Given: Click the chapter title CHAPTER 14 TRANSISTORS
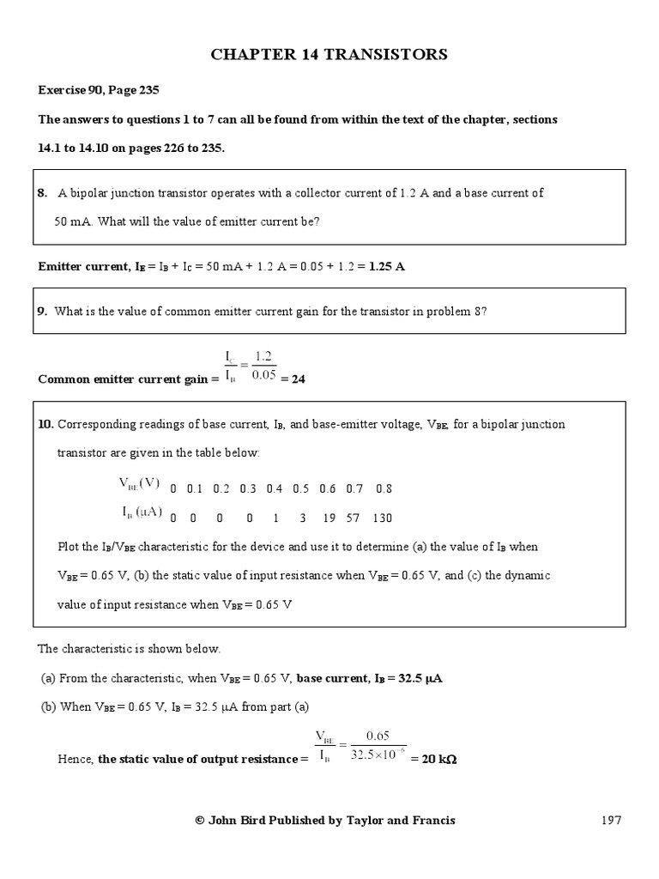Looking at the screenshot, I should [329, 55].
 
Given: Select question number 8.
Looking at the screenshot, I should [42, 193].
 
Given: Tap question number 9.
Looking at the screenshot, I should [42, 312].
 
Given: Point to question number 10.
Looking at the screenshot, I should [45, 424].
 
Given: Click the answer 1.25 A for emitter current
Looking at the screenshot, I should [386, 266].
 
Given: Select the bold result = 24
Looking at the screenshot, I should [293, 379].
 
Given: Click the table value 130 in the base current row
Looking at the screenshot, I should [383, 518].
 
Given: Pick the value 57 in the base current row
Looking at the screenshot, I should [354, 518].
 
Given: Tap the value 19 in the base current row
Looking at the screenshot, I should [328, 518].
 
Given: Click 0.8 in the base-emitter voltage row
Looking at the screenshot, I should [384, 488].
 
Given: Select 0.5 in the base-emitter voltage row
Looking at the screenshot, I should [301, 488].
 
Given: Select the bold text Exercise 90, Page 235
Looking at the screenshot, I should [99, 89].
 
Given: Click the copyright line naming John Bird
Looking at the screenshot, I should [325, 820].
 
